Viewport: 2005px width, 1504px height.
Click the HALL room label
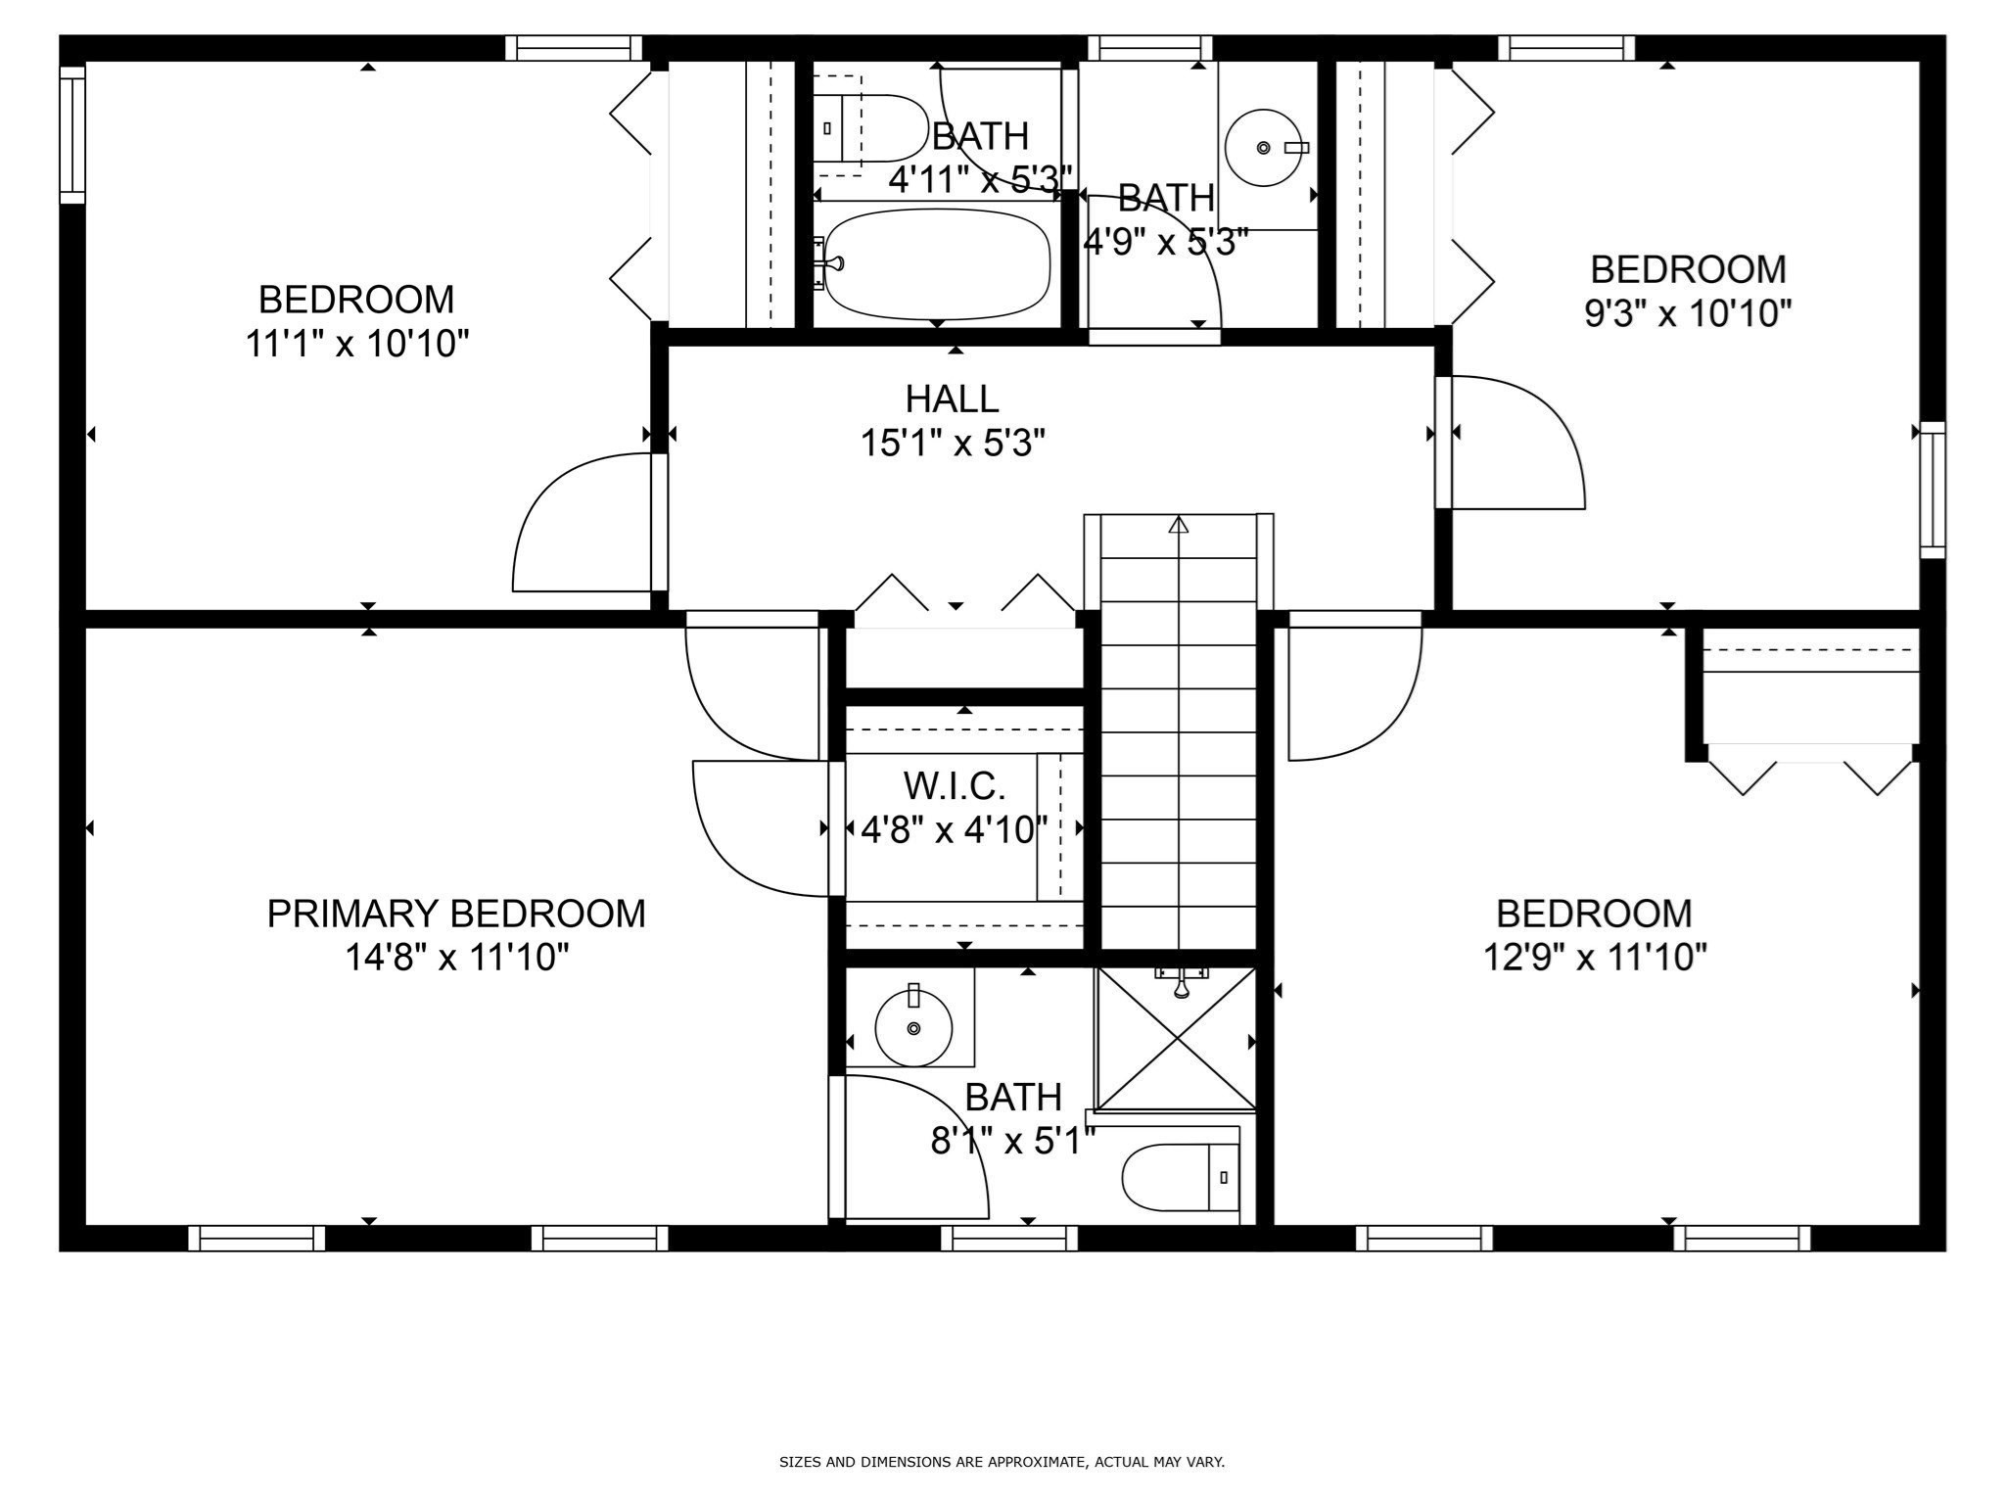[x=952, y=399]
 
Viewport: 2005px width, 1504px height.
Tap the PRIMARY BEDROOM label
[x=456, y=914]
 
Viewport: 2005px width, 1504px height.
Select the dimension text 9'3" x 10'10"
[x=1688, y=313]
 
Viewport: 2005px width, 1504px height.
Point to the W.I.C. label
[x=954, y=785]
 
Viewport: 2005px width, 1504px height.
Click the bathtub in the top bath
[x=936, y=262]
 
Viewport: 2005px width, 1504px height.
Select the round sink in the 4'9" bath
[x=1264, y=148]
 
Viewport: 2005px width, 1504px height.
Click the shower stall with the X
[x=1176, y=1039]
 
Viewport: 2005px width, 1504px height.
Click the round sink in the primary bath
[x=913, y=1028]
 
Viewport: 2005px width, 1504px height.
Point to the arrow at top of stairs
[x=1179, y=525]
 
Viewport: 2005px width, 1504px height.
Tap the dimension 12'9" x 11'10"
[x=1595, y=957]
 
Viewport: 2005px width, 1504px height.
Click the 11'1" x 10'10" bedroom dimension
[x=356, y=344]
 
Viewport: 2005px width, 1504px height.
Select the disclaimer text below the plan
[x=1002, y=1462]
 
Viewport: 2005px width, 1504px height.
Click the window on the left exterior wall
[x=72, y=134]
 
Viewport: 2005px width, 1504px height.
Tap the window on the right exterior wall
[x=1932, y=490]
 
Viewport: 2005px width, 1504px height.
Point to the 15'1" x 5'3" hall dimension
[x=953, y=444]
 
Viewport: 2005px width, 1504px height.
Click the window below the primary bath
[x=1009, y=1238]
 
